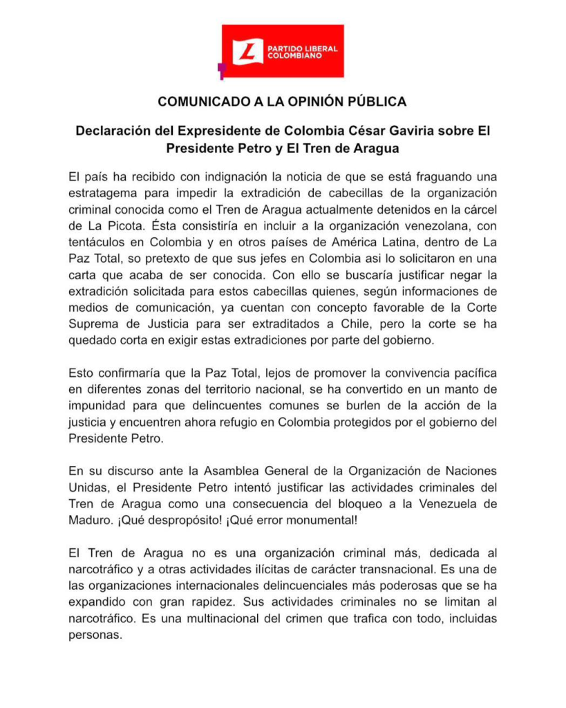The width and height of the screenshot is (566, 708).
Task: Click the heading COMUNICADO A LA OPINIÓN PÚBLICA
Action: [x=282, y=102]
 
